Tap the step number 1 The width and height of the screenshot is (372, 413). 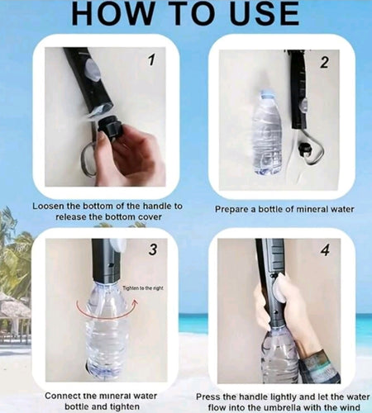click(x=150, y=59)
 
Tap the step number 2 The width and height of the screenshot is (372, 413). click(x=325, y=62)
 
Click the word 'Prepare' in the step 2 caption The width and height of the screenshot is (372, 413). click(x=235, y=210)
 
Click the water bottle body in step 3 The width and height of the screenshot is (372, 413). click(x=106, y=339)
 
